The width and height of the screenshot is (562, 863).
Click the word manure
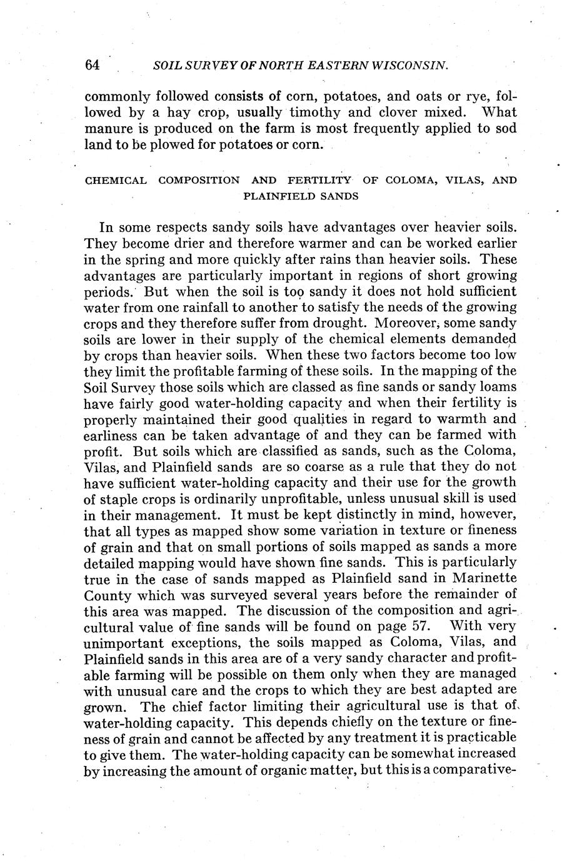coord(106,129)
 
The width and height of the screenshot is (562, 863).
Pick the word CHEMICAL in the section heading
coord(116,181)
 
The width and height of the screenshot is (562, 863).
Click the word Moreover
coord(406,323)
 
